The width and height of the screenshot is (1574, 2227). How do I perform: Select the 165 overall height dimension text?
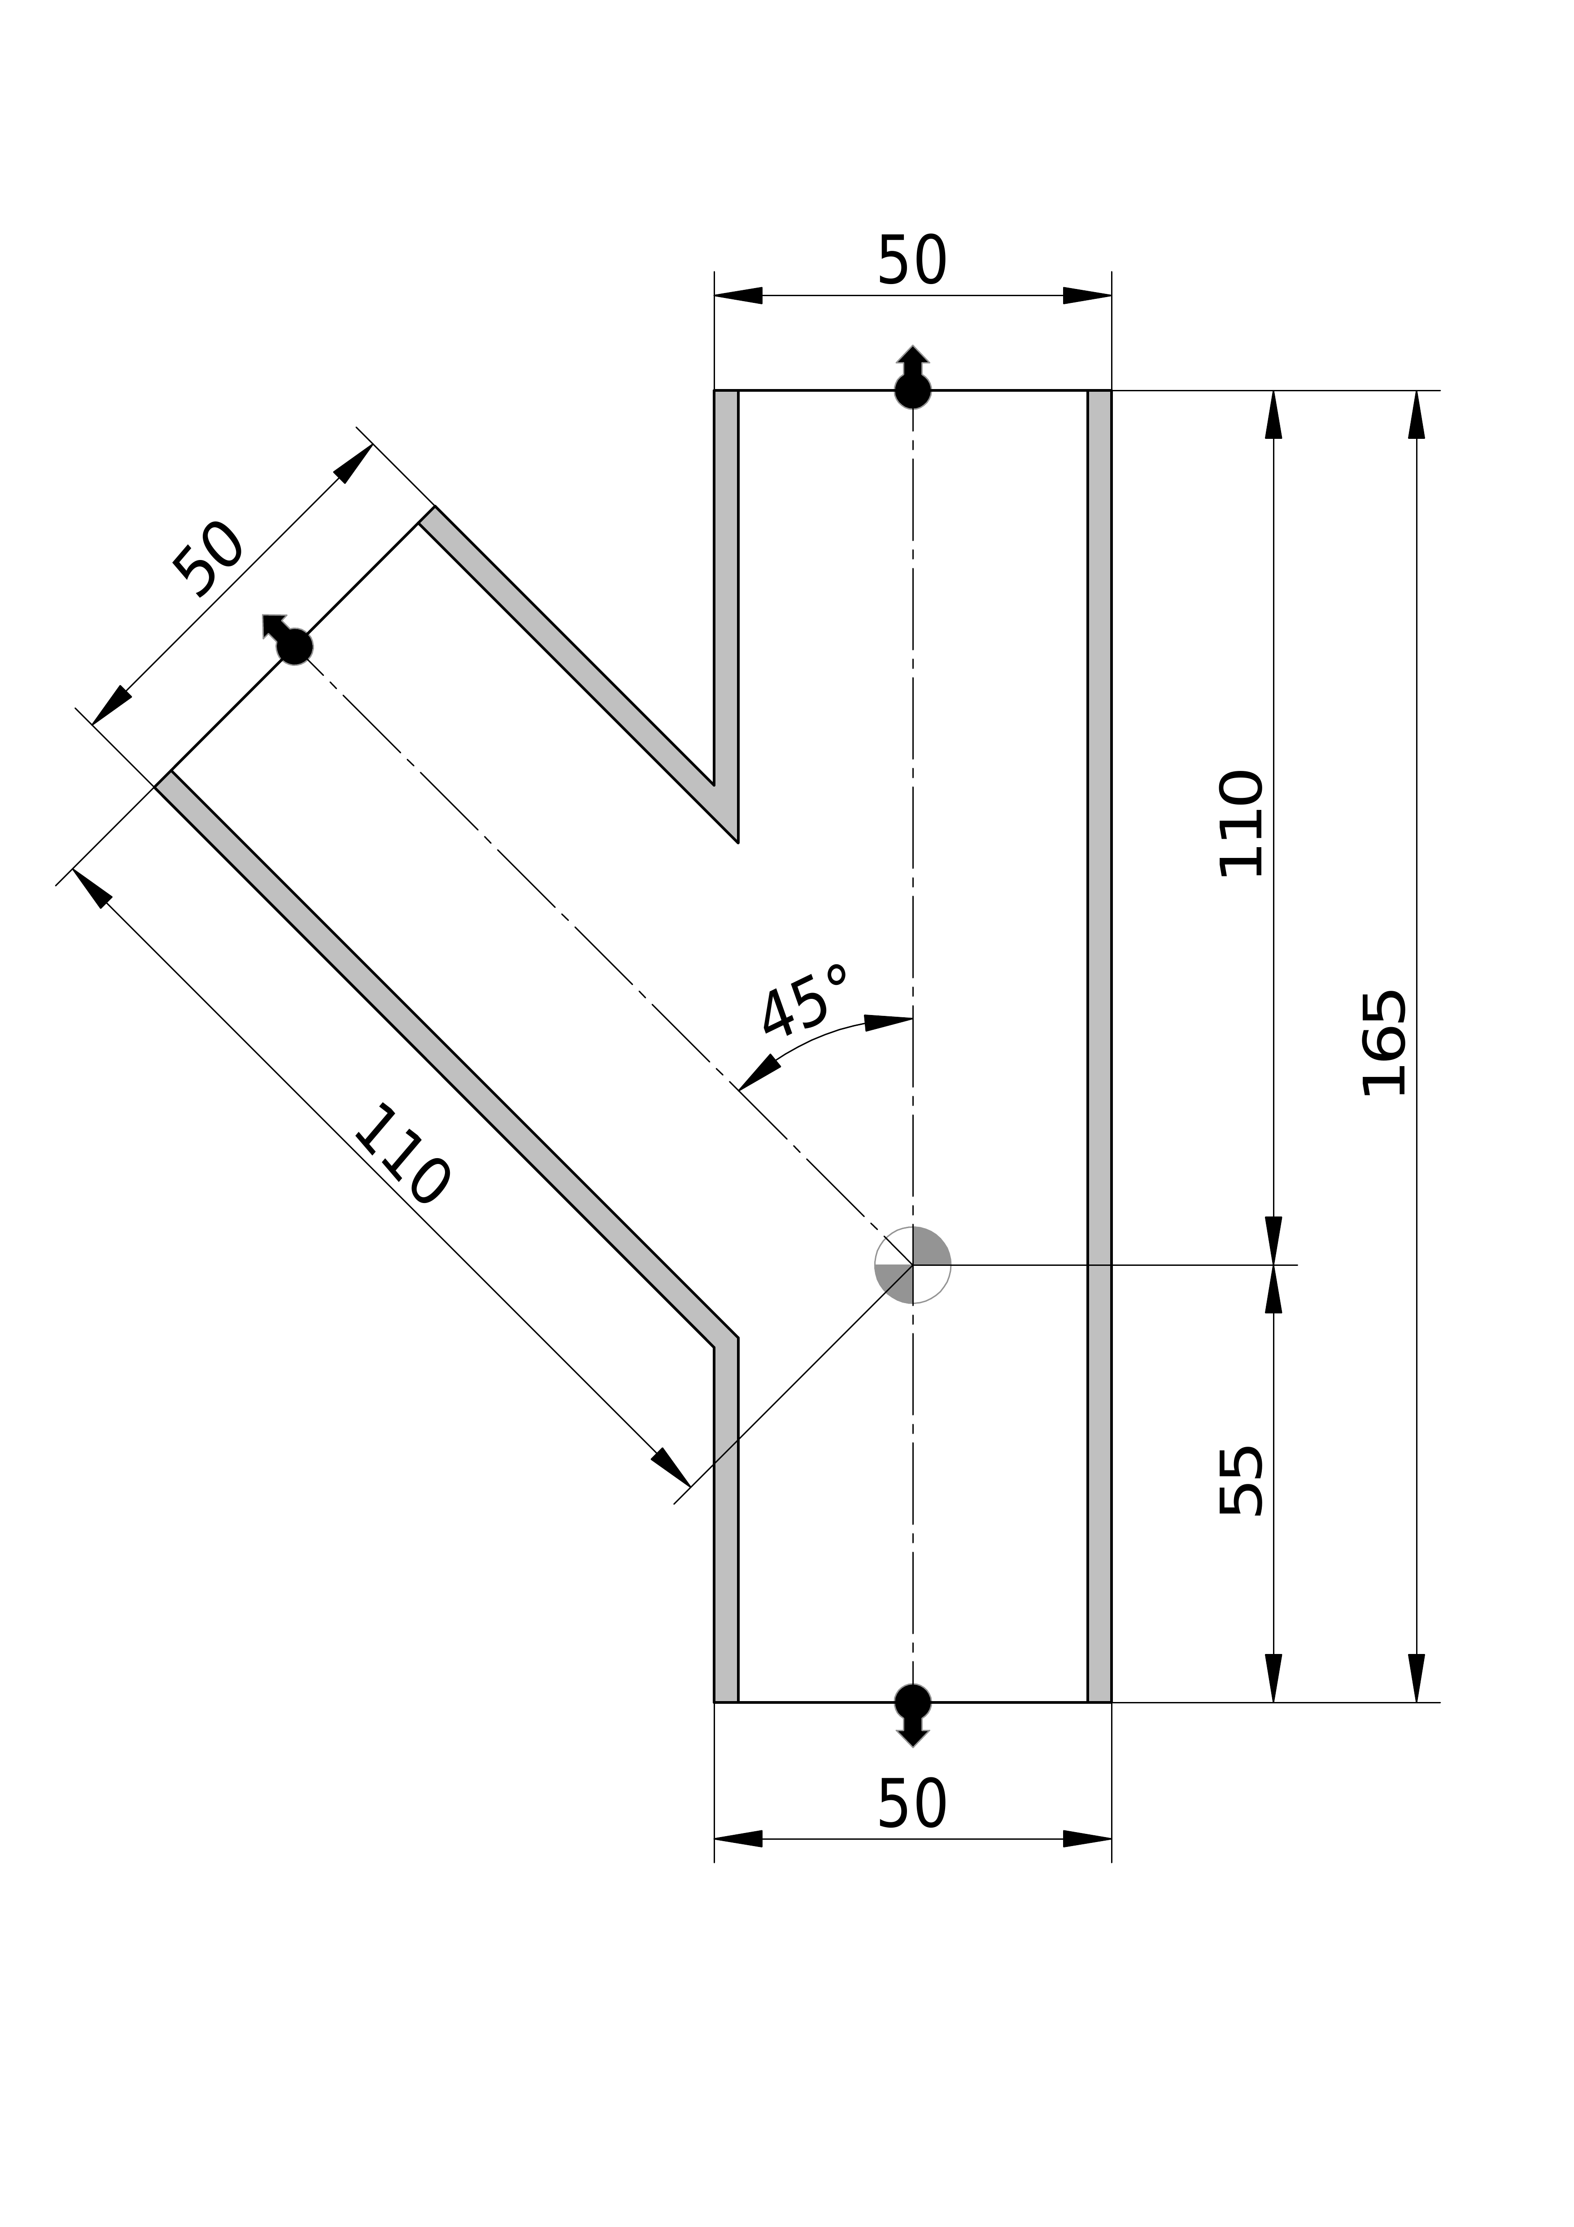coord(1383,1044)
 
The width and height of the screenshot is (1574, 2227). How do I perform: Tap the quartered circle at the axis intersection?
coord(912,1265)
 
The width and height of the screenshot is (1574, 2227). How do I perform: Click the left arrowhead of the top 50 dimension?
coord(738,295)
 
